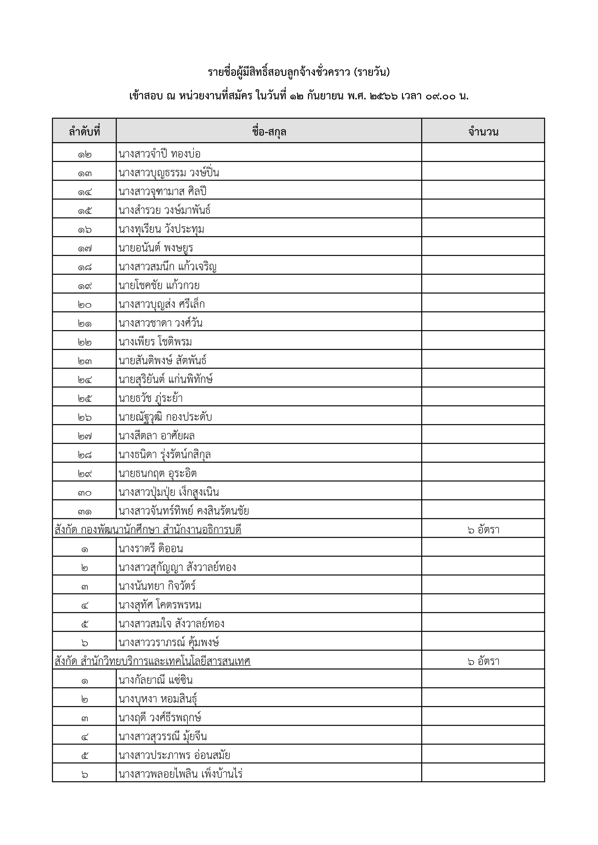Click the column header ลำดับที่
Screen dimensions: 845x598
[x=84, y=131]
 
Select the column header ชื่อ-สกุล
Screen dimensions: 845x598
[x=269, y=131]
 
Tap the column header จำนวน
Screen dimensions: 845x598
[x=483, y=131]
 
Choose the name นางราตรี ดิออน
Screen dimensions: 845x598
[x=151, y=548]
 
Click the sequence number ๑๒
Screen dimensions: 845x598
[x=84, y=154]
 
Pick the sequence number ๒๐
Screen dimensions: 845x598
[x=84, y=304]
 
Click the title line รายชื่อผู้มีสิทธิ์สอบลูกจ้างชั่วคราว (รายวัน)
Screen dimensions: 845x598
[x=299, y=72]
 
